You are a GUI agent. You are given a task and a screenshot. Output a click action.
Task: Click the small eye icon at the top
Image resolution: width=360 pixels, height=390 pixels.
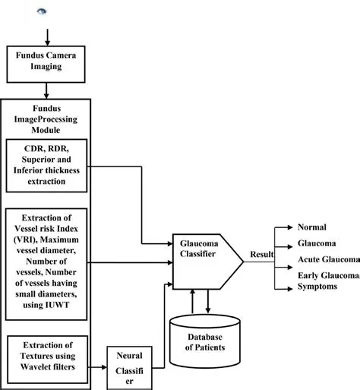coord(42,11)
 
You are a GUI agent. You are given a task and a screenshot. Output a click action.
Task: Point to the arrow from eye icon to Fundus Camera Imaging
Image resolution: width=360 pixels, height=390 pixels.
coord(47,35)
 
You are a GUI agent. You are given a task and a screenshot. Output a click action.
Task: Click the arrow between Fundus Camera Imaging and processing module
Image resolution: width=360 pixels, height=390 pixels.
coord(47,90)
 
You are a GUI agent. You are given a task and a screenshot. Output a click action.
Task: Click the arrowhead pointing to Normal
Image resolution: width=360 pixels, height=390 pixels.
coord(292,227)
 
